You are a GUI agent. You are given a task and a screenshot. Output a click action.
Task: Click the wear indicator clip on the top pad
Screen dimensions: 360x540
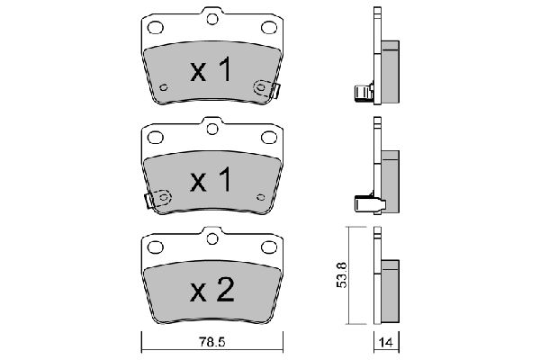pyautogui.click(x=267, y=88)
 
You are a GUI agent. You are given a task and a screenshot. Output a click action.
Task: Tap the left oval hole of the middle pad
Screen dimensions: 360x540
pyautogui.click(x=154, y=137)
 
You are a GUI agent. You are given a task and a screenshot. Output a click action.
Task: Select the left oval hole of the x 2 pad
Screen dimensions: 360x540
pyautogui.click(x=154, y=246)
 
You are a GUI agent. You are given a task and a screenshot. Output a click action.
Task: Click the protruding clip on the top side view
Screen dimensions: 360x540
pyautogui.click(x=361, y=92)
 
